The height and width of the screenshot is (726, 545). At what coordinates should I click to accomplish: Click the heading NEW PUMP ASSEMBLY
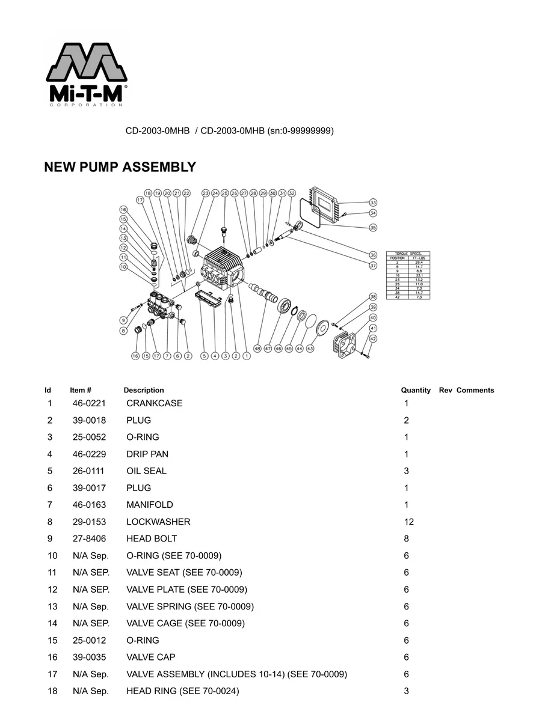pos(120,168)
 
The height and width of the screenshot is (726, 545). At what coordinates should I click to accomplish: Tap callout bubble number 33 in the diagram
pos(373,203)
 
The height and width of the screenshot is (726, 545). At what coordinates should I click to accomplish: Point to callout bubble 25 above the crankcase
pos(224,194)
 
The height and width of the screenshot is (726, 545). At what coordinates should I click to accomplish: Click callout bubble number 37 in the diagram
pos(373,265)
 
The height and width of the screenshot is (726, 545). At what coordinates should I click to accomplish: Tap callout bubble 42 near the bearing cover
pos(373,339)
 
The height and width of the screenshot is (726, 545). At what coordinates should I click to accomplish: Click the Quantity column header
pos(416,391)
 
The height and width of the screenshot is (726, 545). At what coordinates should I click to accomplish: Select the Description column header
pos(144,391)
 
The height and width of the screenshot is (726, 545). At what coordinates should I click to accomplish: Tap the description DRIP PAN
pos(147,454)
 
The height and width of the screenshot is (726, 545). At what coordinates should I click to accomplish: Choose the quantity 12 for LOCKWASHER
pos(409,522)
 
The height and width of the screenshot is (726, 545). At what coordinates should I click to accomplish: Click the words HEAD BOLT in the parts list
pos(152,539)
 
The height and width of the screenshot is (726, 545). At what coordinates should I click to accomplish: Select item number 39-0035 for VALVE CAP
pos(89,657)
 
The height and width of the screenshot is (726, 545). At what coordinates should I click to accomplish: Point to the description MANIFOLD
pos(150,505)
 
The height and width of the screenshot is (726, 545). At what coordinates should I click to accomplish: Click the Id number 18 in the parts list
pos(52,691)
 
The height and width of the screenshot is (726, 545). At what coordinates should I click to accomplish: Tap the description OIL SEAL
pos(146,471)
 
